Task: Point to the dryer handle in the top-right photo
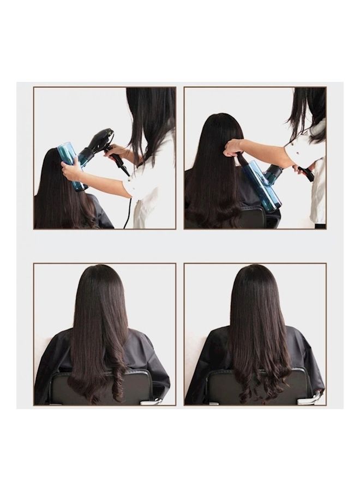305,173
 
